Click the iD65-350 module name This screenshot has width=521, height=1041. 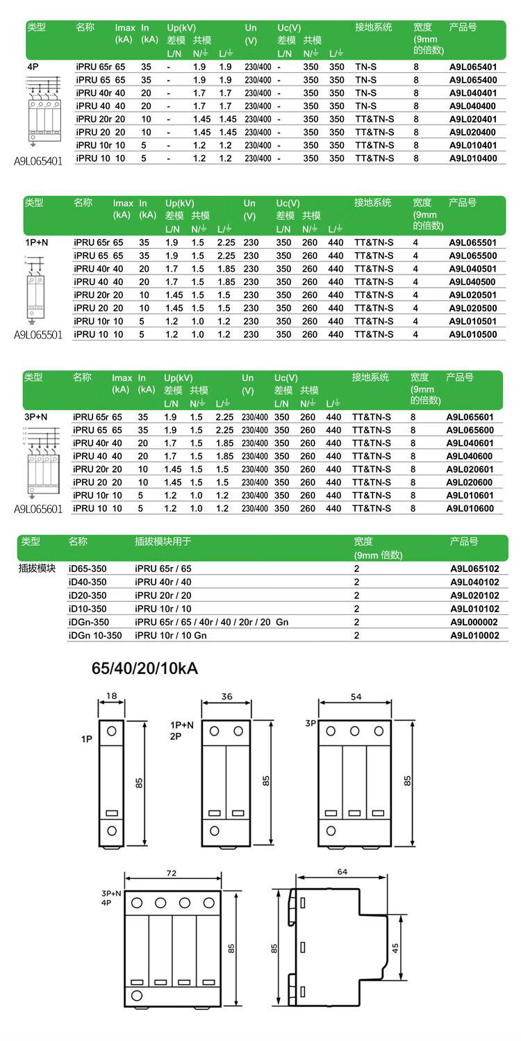click(88, 568)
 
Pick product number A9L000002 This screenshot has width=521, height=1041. click(474, 622)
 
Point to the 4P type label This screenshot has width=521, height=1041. click(33, 67)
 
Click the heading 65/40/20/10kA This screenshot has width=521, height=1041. click(145, 669)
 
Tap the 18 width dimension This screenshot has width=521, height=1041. click(112, 695)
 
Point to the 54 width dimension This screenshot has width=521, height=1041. click(355, 696)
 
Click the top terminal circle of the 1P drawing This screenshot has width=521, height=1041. click(112, 731)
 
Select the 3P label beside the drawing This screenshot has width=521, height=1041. click(311, 723)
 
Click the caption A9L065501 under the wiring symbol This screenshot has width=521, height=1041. click(38, 334)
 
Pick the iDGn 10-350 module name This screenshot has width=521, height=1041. click(95, 635)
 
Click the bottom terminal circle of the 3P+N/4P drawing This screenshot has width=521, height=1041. click(137, 996)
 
